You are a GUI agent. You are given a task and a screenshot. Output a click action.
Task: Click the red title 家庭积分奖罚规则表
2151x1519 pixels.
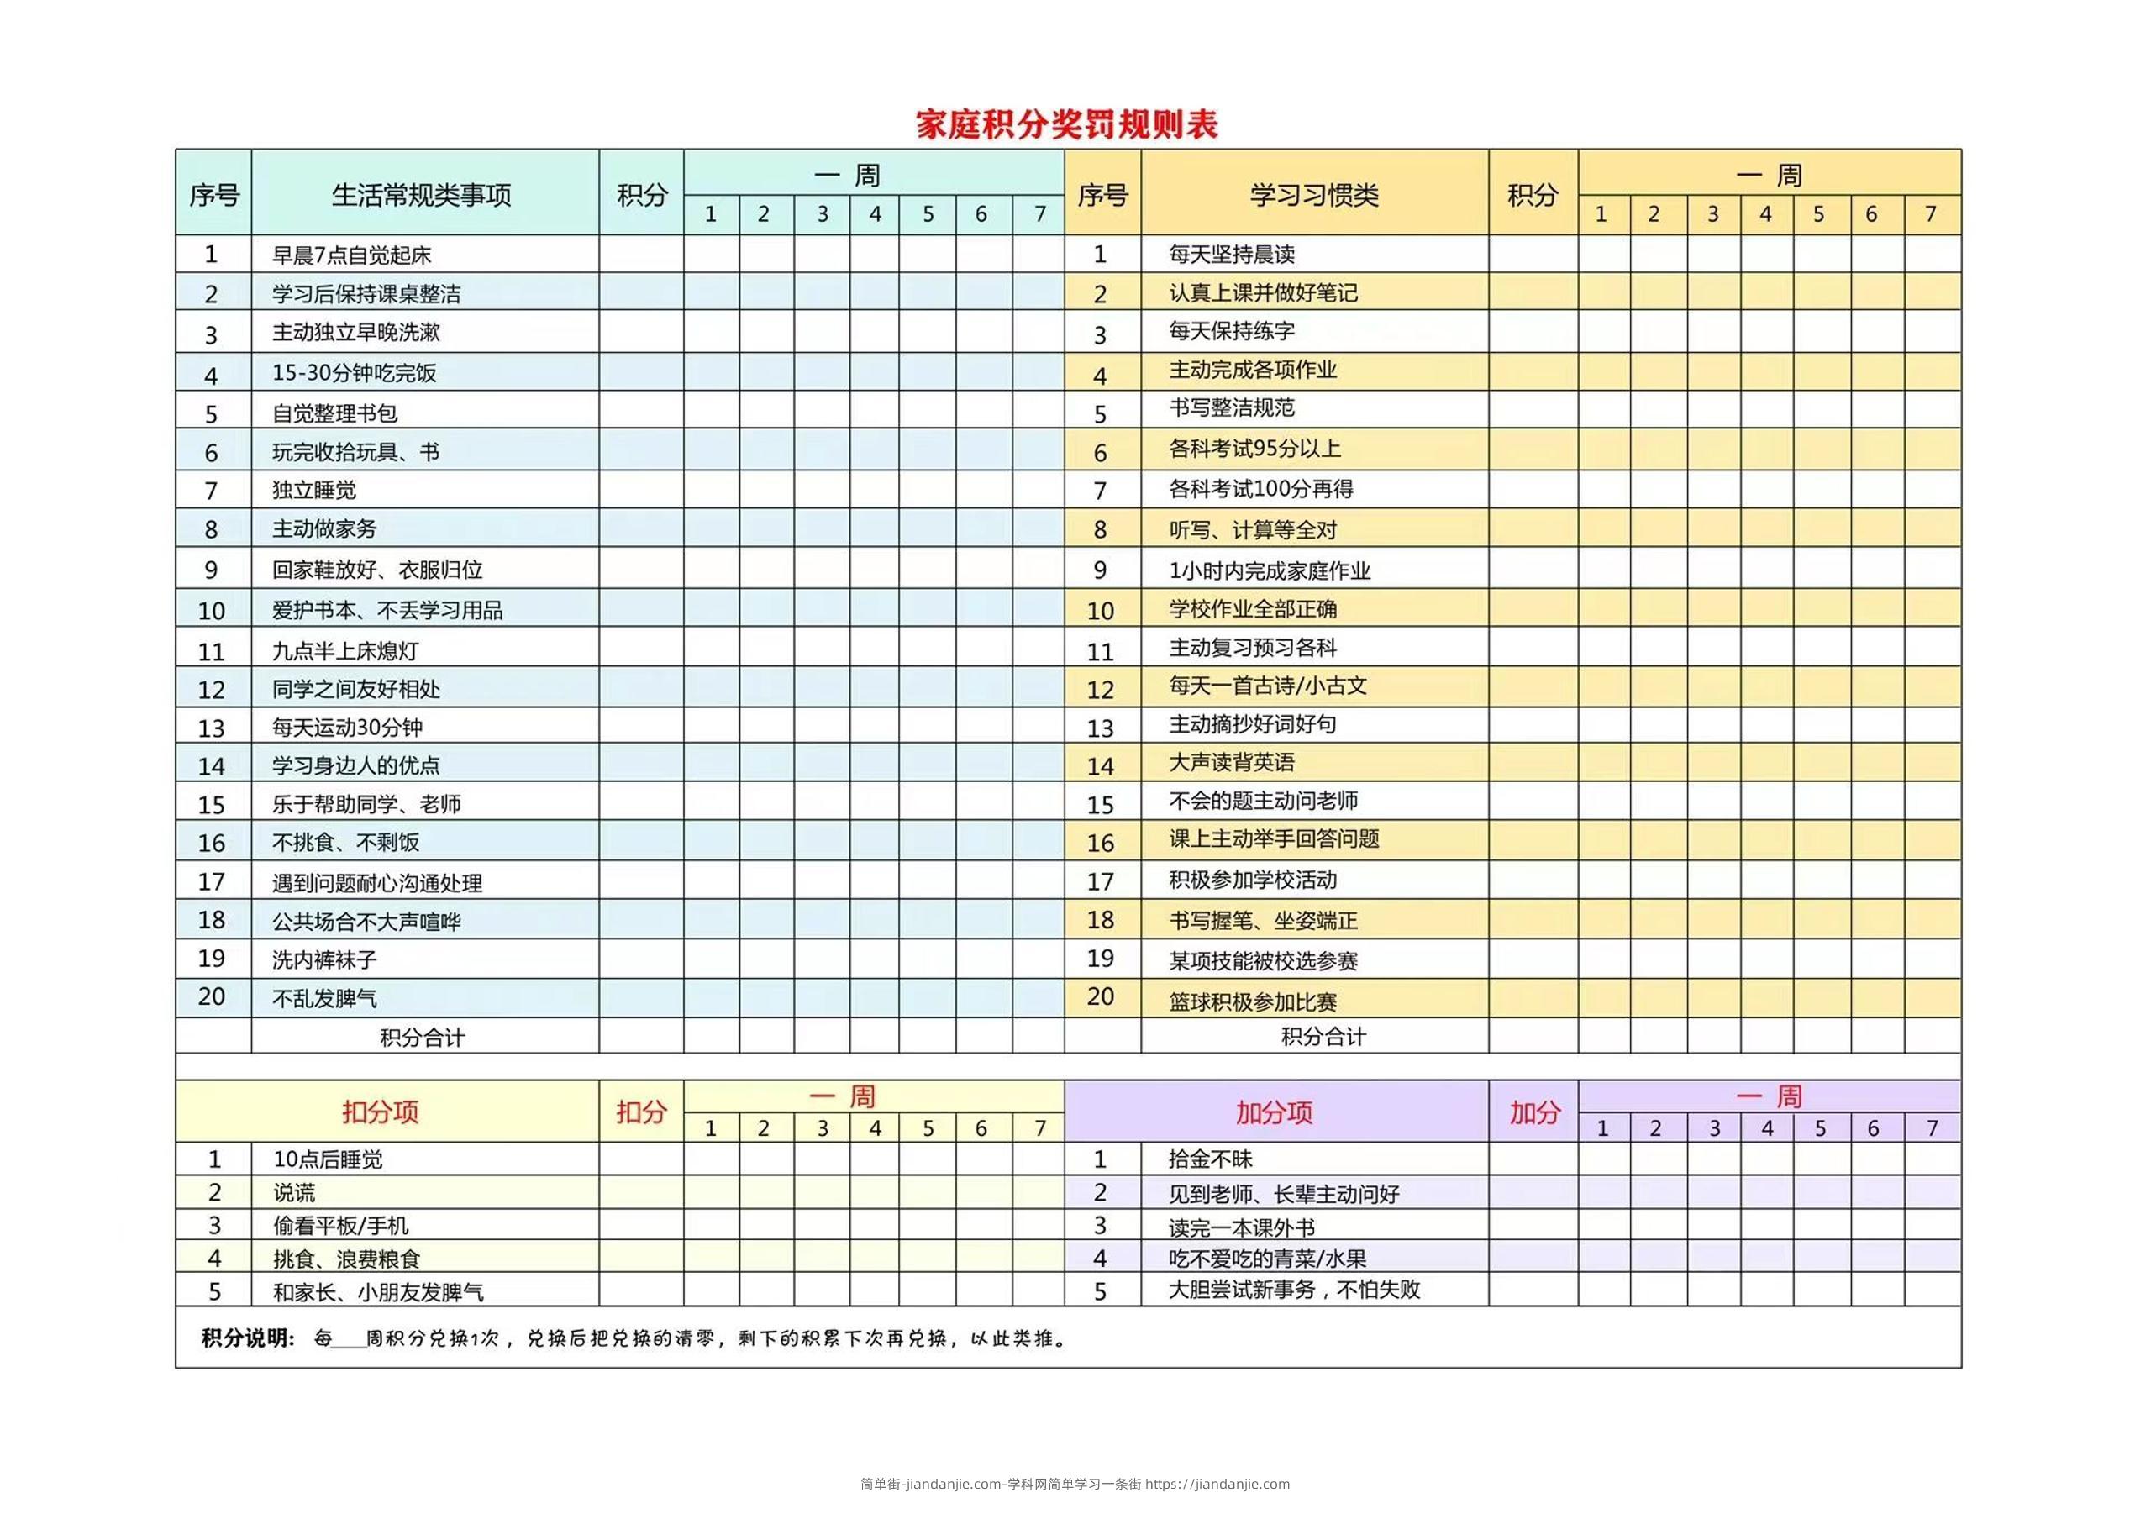[1066, 124]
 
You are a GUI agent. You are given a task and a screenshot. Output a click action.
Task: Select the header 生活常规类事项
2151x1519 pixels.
[422, 195]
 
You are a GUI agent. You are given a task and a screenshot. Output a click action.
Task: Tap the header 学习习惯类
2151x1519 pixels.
[1313, 195]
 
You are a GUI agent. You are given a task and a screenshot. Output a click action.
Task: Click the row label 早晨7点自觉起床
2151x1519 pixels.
[351, 255]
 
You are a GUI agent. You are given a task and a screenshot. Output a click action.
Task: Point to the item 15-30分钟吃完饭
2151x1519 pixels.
[354, 373]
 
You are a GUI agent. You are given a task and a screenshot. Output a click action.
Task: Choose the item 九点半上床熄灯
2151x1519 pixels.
[344, 651]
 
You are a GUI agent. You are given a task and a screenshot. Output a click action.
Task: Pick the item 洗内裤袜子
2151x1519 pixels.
[324, 960]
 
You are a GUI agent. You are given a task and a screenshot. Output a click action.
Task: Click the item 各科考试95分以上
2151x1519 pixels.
[1254, 449]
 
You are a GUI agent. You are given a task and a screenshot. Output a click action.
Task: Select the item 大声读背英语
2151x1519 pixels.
[1231, 762]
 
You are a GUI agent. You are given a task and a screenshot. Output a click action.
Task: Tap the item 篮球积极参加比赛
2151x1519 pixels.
[1253, 1002]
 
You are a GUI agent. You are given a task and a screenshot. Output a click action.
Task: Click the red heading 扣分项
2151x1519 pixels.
[381, 1112]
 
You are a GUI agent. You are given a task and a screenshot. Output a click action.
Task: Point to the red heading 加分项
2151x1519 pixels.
[1274, 1112]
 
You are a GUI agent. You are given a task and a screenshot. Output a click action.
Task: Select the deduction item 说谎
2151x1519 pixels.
[294, 1193]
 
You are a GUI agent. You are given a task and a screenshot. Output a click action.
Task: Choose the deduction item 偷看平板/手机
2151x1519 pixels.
[340, 1226]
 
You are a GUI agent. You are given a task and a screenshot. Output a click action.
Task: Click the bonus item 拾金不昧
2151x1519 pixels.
[1211, 1159]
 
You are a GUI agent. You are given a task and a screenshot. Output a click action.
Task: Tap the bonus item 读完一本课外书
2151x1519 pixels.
[1241, 1227]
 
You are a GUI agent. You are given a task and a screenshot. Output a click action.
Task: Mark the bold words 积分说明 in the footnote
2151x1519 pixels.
[248, 1338]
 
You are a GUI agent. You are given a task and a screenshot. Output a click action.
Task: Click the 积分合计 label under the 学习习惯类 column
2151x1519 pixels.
[1323, 1037]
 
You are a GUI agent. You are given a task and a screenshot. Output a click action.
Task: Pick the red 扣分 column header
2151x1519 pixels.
[641, 1112]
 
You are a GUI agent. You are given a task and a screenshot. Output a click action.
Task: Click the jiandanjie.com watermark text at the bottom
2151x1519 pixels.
[1075, 1484]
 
